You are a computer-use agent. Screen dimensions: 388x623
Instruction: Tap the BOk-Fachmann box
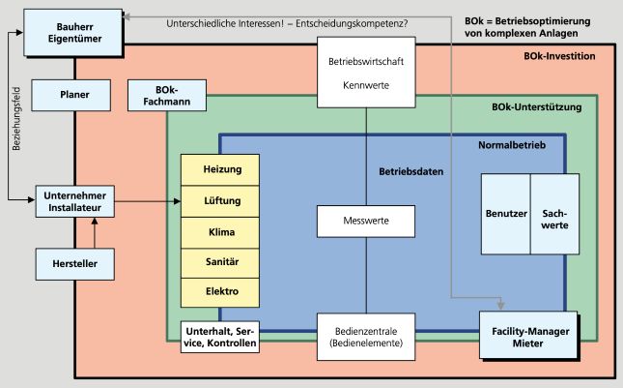coord(162,96)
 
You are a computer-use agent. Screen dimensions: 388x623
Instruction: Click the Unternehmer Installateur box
coord(75,200)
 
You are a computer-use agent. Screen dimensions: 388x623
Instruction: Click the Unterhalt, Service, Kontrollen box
coord(220,336)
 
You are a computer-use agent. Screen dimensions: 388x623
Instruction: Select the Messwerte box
coord(366,222)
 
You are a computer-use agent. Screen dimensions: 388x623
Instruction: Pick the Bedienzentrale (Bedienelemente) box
coord(366,336)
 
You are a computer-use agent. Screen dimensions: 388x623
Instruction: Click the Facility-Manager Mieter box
coord(528,336)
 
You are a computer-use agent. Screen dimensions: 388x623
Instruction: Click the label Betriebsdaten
coord(411,171)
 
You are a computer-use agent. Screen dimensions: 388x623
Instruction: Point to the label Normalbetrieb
coord(513,145)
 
